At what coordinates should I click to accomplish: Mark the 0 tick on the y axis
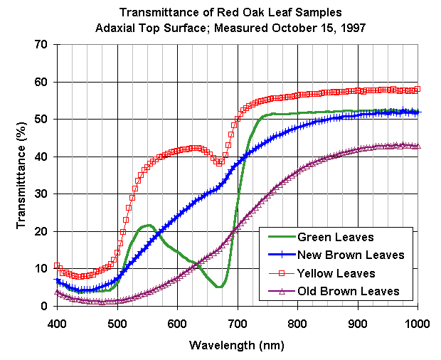click(x=45, y=306)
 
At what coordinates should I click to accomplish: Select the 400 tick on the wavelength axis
click(x=57, y=322)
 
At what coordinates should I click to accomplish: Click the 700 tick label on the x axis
click(x=237, y=322)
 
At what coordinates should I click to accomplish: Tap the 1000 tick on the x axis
click(x=417, y=322)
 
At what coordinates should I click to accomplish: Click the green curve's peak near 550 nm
click(x=147, y=226)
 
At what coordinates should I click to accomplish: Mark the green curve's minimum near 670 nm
click(x=220, y=287)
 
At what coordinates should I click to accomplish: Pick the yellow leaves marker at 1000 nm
click(x=417, y=89)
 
